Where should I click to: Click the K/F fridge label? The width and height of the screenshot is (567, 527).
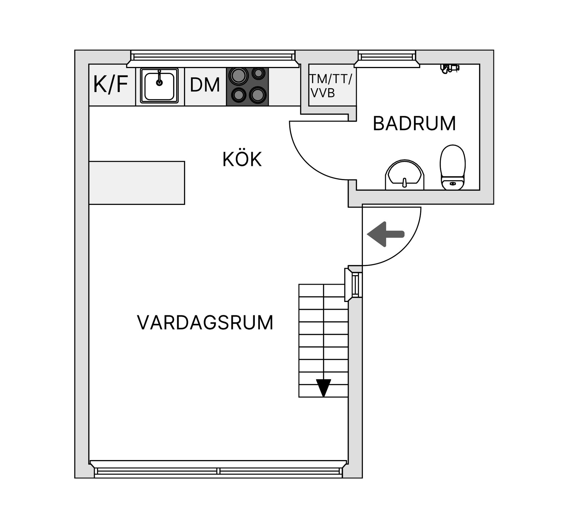111,85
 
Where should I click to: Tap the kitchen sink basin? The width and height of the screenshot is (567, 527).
159,86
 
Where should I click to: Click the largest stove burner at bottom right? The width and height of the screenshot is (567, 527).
258,95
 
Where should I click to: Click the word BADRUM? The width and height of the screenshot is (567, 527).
414,123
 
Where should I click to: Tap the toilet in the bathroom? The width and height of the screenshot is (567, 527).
452,167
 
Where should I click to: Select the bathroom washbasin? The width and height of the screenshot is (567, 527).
404,175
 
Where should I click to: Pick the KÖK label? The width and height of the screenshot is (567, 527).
242,160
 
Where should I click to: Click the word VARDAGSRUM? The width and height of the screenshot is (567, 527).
205,323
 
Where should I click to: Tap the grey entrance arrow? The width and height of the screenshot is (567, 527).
385,234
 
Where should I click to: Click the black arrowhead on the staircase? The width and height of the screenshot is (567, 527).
323,387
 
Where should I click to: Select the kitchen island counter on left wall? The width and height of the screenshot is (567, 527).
137,183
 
